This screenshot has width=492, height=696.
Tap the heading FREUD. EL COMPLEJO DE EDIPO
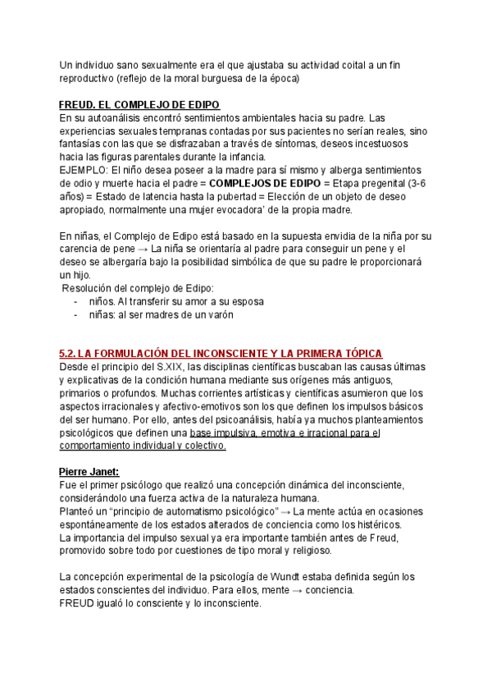(x=139, y=105)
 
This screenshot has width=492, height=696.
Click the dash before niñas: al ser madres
(x=75, y=315)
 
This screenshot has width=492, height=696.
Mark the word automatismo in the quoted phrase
(x=185, y=511)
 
